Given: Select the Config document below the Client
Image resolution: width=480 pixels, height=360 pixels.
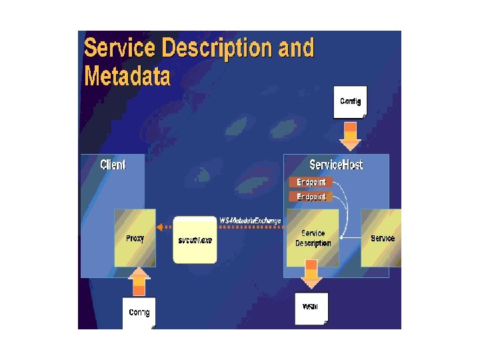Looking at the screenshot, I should click(139, 312).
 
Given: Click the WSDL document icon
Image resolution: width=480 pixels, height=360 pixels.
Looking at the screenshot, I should click(311, 308).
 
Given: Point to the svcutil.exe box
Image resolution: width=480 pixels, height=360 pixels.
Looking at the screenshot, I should click(195, 239).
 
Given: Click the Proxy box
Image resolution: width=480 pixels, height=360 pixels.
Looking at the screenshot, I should click(135, 238).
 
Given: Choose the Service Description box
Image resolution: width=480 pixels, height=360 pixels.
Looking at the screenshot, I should click(313, 239).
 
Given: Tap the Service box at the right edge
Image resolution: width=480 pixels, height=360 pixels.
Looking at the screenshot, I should click(382, 238).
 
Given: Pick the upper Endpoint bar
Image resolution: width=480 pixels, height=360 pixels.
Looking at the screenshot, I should click(311, 182).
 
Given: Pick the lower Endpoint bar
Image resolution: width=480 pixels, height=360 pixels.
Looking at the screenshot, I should click(311, 197).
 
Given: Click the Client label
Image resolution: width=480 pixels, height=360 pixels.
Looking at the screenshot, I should click(113, 164).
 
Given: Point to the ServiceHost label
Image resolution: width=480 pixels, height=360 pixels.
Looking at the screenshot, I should click(336, 164).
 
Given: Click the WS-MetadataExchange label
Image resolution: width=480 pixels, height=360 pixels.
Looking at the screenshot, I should click(250, 220).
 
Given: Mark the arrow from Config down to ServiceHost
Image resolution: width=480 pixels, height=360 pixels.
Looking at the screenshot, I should click(350, 137).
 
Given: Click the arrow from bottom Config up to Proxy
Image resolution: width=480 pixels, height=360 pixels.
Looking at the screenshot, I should click(139, 281).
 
